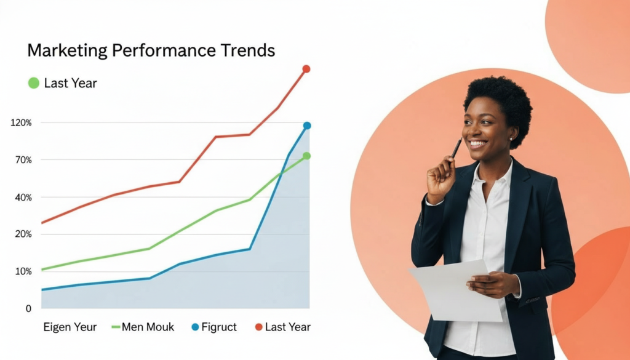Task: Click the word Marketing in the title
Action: click(68, 51)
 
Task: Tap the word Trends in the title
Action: click(248, 50)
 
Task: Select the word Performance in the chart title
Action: click(164, 50)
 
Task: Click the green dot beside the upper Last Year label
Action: click(34, 83)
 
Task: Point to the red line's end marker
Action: click(306, 69)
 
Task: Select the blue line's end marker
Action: click(307, 126)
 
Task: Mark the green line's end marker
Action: click(306, 156)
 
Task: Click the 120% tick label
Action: click(21, 123)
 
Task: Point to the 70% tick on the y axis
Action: click(23, 161)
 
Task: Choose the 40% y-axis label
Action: click(23, 198)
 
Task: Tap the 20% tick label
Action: click(23, 234)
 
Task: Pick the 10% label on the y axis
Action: click(23, 271)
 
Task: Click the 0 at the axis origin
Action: click(28, 308)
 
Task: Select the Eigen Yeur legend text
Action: click(70, 327)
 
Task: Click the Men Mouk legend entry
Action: click(143, 327)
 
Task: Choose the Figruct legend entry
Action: click(214, 327)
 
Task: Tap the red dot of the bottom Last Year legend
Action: click(259, 327)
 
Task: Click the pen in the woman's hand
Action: click(457, 148)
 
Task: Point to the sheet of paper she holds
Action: click(456, 290)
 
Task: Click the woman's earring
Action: click(511, 139)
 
